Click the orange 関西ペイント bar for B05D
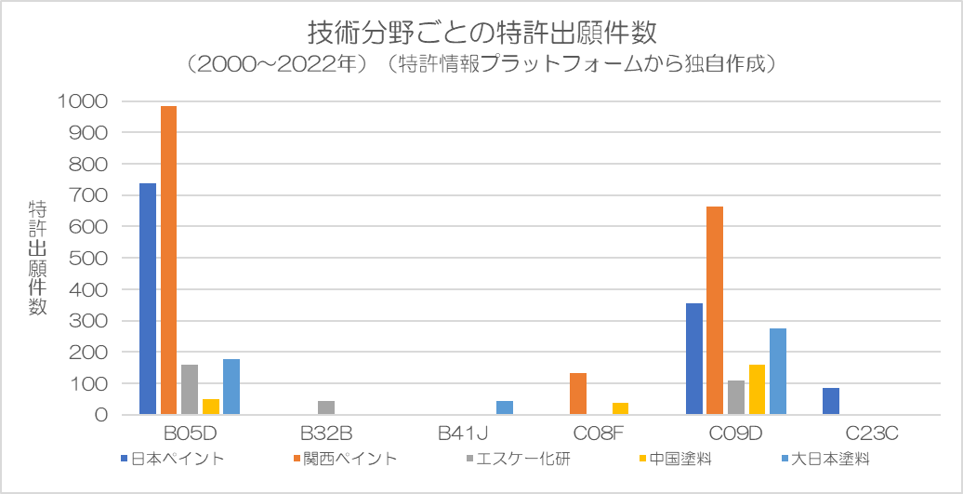[168, 260]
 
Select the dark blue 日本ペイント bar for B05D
[147, 299]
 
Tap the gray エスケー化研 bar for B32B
[326, 407]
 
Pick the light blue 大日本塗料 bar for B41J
[505, 407]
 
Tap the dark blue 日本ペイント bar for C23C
[831, 401]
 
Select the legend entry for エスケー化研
[517, 459]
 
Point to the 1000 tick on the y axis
[83, 101]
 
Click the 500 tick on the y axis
[89, 258]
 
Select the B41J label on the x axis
[463, 434]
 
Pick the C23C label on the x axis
[872, 434]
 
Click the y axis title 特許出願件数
[38, 258]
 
